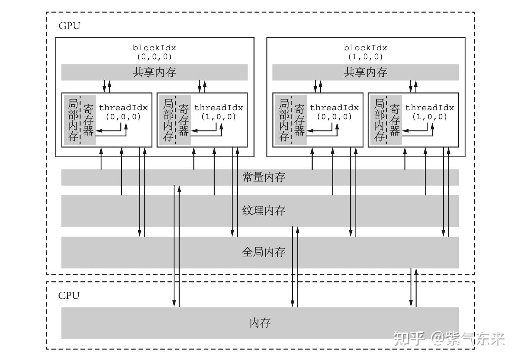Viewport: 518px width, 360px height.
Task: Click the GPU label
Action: [69, 26]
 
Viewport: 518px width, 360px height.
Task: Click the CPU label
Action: [69, 296]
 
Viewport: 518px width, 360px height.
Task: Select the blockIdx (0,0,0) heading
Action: [154, 52]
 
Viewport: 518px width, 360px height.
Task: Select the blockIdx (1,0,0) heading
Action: [365, 52]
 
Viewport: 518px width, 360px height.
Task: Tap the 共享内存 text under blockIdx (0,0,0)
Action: [154, 72]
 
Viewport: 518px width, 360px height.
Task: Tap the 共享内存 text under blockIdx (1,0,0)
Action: [365, 72]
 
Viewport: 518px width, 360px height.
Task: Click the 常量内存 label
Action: [264, 177]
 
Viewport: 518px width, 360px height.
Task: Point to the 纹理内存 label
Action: [264, 211]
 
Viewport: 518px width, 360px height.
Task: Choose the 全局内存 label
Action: [264, 252]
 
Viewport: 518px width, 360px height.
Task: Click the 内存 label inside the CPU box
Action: [260, 323]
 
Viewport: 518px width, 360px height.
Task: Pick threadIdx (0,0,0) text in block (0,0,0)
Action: [123, 112]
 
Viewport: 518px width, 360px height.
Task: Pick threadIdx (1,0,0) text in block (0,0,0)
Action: [219, 112]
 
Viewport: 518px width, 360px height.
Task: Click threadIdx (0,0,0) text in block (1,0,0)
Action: [334, 112]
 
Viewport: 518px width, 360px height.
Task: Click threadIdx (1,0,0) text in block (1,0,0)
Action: [430, 112]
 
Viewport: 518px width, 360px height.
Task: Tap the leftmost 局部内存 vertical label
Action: [73, 120]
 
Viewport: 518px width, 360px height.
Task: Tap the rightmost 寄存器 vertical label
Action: [395, 120]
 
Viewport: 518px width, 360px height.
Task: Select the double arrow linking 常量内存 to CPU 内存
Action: [177, 246]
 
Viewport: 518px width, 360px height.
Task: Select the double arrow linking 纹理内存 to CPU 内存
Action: [295, 267]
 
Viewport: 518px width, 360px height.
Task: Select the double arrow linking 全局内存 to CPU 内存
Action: [414, 287]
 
